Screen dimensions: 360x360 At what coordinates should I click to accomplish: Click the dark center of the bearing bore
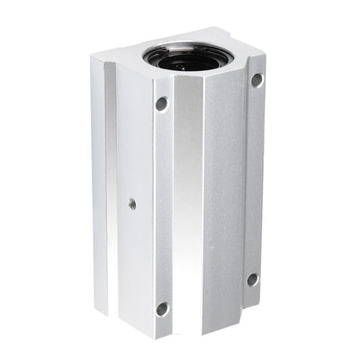(185, 60)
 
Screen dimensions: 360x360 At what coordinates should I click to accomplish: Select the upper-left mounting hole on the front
(162, 103)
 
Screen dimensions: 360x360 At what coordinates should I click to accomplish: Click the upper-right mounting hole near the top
(256, 79)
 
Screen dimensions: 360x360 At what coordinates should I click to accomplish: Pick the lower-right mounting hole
(252, 280)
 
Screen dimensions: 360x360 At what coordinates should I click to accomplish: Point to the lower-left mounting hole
(162, 309)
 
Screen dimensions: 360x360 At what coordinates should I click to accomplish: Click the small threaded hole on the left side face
(132, 203)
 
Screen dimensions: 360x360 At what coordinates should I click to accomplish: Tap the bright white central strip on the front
(190, 207)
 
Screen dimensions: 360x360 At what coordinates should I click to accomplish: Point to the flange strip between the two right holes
(255, 180)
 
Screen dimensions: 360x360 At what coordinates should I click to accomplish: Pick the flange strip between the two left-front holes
(162, 207)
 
